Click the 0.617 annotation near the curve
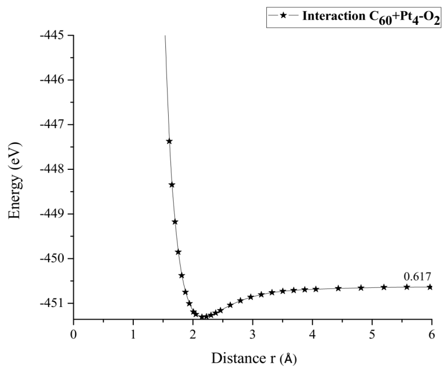tap(417, 276)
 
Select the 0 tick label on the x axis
tap(73, 333)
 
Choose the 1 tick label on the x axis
tap(133, 333)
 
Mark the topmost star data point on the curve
tap(169, 141)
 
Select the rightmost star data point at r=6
tap(429, 287)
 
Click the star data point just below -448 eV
tap(172, 184)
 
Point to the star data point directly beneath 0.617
tap(407, 287)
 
